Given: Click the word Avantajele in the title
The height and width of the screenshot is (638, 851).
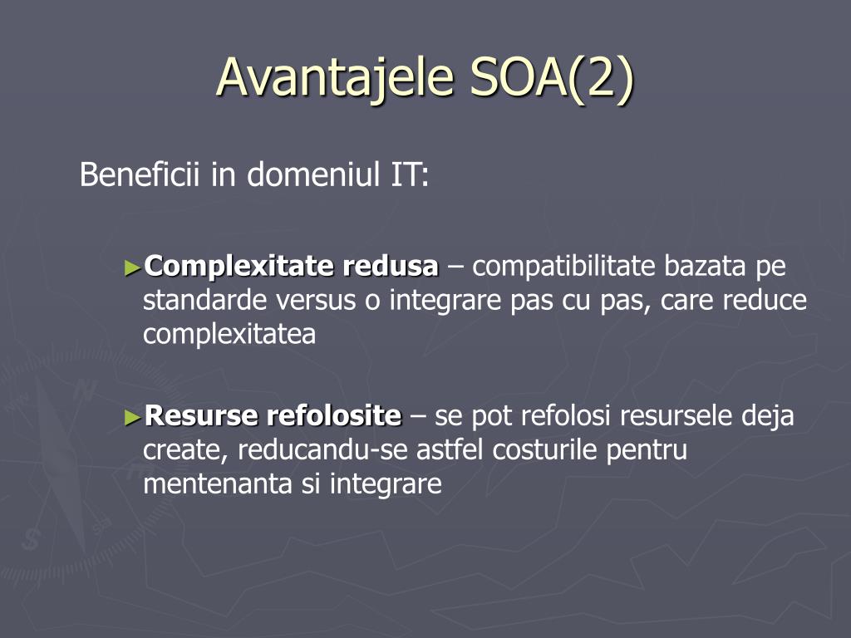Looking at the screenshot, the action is tap(335, 78).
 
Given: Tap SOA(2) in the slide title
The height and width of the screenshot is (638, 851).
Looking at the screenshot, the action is tap(552, 78).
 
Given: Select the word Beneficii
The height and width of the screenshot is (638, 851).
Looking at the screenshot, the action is tap(140, 174).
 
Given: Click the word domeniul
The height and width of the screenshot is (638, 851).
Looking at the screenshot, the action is tap(313, 174).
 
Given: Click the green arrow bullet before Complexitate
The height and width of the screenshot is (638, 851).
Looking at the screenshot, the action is tap(132, 267).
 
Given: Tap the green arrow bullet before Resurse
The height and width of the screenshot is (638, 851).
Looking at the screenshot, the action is tap(132, 417).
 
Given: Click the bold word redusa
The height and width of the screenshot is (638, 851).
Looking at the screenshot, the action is tap(390, 266).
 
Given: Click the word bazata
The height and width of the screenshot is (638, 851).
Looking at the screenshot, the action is tap(705, 266).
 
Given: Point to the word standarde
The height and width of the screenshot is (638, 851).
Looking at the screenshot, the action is tap(204, 300).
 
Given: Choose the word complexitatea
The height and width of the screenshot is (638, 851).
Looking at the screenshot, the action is tap(229, 335).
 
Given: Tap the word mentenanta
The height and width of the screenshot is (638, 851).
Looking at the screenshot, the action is tap(218, 484).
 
